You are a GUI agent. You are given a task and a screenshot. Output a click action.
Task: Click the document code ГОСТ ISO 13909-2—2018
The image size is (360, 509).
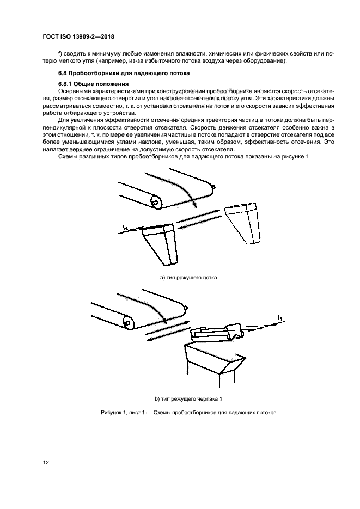click(79, 38)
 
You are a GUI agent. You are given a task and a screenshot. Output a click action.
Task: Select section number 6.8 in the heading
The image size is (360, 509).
click(64, 73)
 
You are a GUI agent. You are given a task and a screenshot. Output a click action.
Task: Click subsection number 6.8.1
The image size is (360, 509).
click(66, 84)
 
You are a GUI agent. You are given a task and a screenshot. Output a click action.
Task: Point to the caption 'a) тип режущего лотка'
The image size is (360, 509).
click(188, 278)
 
